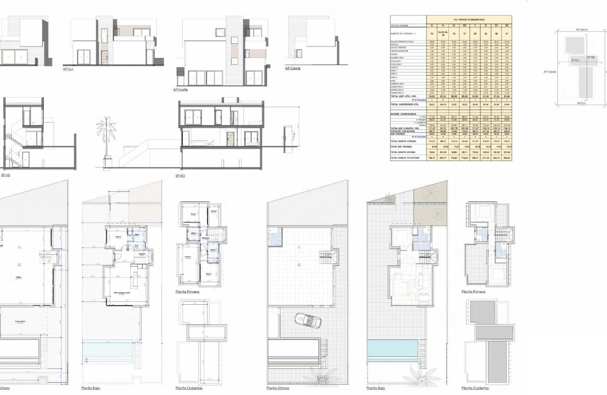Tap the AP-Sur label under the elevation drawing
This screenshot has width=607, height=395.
click(69, 69)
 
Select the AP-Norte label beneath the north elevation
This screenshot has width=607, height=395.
click(181, 89)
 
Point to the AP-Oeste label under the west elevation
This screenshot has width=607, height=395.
click(293, 68)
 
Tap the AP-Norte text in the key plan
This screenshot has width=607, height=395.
click(582, 30)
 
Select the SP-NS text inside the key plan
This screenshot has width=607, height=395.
click(591, 57)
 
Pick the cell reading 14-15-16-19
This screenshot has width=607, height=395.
click(442, 34)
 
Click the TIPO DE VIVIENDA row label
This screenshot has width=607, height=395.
click(399, 25)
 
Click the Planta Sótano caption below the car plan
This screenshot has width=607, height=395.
click(278, 388)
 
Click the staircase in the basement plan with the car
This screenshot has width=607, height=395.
click(329, 258)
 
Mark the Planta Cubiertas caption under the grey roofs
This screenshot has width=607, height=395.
click(475, 388)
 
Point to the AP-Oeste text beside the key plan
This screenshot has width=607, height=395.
click(550, 72)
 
